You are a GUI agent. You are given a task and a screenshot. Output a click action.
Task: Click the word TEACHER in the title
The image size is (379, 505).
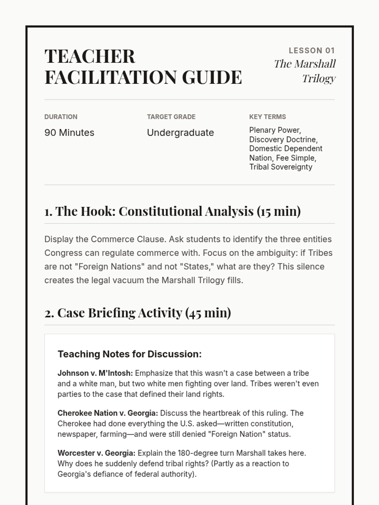[90, 56]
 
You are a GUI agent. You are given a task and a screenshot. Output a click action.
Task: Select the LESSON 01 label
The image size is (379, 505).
[311, 50]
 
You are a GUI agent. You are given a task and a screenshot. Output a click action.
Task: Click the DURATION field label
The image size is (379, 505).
[61, 117]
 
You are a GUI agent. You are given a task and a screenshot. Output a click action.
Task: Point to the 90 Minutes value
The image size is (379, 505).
[69, 133]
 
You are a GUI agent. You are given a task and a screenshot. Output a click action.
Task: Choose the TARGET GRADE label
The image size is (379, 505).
[171, 117]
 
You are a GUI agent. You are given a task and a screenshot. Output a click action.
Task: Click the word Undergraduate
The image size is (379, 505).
[180, 133]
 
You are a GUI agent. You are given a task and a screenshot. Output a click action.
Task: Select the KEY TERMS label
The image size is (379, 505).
[267, 117]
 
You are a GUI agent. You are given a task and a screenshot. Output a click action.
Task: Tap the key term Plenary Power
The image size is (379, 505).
[274, 130]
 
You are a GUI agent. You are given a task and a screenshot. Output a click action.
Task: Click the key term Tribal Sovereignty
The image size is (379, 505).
[280, 167]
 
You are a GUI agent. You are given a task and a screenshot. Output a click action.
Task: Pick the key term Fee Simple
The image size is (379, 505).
[296, 158]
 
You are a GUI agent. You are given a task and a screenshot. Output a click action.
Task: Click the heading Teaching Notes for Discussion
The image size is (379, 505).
[129, 354]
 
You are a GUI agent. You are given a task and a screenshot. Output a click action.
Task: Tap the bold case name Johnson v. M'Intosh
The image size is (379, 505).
[95, 373]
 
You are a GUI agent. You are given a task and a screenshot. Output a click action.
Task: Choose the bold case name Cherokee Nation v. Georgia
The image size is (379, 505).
[107, 413]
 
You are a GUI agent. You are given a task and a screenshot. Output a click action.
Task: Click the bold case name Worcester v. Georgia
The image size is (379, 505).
[96, 453]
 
